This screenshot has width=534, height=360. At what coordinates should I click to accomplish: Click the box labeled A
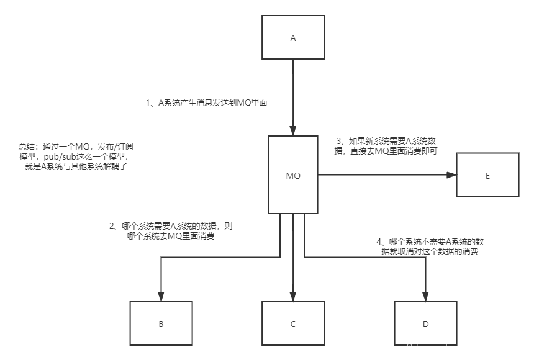coord(293,38)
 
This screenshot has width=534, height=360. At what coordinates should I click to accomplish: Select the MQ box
coord(293,175)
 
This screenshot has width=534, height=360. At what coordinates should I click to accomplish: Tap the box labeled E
coord(487,175)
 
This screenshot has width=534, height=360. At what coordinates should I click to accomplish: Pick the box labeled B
coord(161,323)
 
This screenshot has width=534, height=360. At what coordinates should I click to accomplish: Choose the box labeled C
coord(293,323)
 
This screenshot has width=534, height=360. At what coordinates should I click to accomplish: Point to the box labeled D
coord(425,323)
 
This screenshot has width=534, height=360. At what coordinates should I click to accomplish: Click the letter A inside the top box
coord(293,38)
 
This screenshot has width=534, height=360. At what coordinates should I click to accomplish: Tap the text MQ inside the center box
coord(293,176)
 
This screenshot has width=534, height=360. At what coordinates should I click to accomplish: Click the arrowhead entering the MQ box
coord(293,132)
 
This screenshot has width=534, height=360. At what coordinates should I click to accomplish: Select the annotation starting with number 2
coord(171,231)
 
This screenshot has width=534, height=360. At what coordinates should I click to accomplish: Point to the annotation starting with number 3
coord(386,145)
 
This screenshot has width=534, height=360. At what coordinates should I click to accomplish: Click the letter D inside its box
coord(425,324)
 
